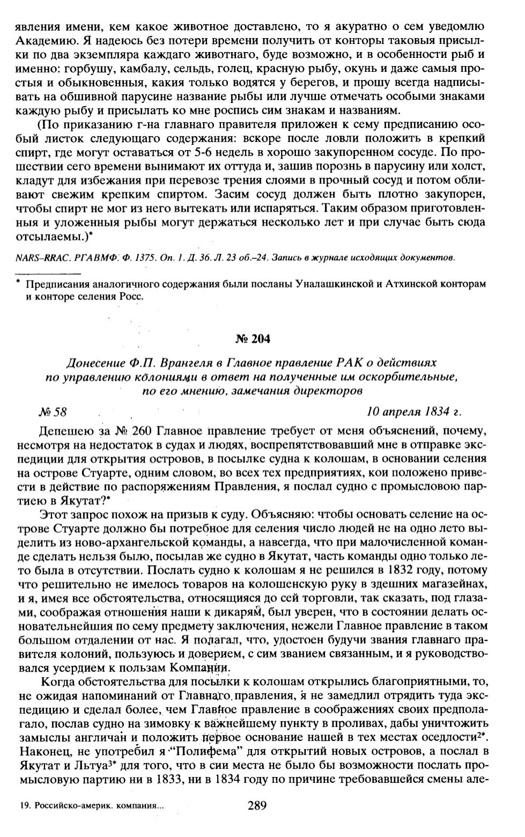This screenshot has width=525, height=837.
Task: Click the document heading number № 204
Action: coord(253,339)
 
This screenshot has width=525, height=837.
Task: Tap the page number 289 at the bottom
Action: coord(257,805)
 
